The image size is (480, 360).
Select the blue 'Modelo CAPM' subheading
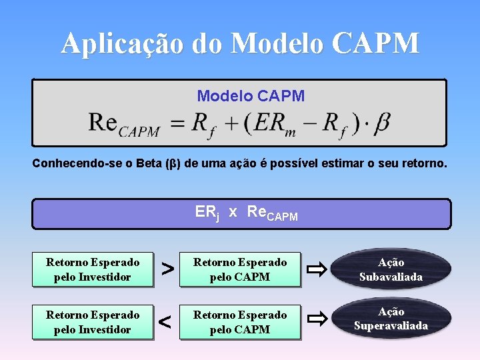click(x=251, y=96)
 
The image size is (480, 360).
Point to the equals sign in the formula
click(x=177, y=123)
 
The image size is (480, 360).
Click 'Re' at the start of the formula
click(x=103, y=123)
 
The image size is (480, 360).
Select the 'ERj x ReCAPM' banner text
click(x=246, y=213)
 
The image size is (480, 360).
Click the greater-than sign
click(x=168, y=269)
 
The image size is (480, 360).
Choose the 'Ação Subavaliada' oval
click(x=391, y=269)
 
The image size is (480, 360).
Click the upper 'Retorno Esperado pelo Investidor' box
click(x=93, y=269)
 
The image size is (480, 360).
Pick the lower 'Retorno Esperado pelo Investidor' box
click(x=93, y=321)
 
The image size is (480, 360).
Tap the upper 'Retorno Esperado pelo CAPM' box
click(x=240, y=269)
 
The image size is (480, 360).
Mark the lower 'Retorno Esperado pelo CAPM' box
click(x=240, y=321)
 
